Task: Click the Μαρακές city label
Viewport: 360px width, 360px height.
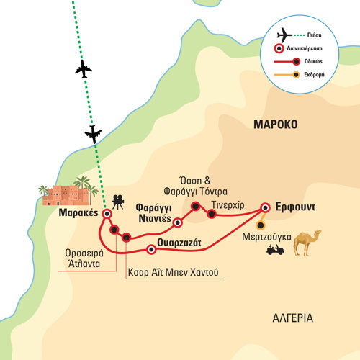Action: point(78,213)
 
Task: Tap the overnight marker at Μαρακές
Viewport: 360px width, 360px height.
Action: point(107,214)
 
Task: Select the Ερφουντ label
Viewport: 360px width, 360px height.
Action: point(295,207)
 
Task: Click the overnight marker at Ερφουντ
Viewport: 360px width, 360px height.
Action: point(265,207)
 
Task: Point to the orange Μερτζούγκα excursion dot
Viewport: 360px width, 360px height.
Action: point(260,225)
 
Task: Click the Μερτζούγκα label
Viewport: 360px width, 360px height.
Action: point(266,238)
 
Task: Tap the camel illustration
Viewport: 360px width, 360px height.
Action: point(307,243)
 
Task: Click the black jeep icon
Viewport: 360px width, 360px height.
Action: point(275,250)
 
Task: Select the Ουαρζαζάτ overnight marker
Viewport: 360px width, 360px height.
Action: point(151,250)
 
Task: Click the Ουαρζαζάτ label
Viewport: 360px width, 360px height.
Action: point(179,243)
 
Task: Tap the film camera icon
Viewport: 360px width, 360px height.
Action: point(118,202)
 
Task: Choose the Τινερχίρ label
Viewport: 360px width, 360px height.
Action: point(228,205)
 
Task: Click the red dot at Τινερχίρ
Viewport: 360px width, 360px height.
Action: point(212,214)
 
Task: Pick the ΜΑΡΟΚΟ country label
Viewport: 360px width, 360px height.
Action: point(276,125)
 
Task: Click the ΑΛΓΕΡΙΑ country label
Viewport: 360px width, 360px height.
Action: point(293,318)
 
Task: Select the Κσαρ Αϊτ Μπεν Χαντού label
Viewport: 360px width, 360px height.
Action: point(173,272)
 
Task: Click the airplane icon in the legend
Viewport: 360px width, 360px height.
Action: point(284,35)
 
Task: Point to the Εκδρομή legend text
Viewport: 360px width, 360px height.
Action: point(314,75)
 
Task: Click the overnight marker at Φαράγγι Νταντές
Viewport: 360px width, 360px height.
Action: point(177,223)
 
